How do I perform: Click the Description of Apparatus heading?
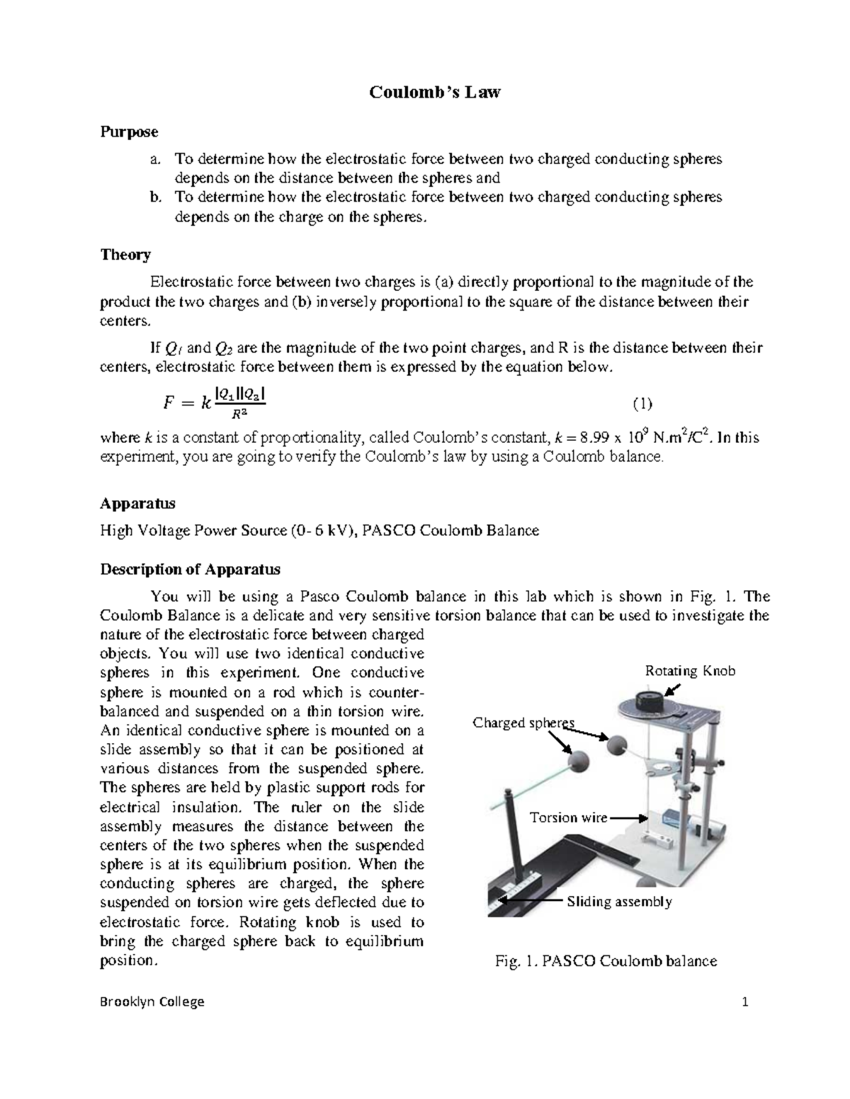tap(190, 569)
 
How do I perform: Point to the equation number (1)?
tap(642, 404)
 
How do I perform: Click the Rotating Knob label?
tap(688, 671)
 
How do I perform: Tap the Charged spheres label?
tap(523, 723)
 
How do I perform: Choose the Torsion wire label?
tap(569, 817)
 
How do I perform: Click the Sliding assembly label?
tap(618, 902)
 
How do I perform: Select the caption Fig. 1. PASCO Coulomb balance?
tap(606, 961)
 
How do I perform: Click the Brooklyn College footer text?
tap(152, 1001)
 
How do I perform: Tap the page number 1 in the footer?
tap(744, 1001)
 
